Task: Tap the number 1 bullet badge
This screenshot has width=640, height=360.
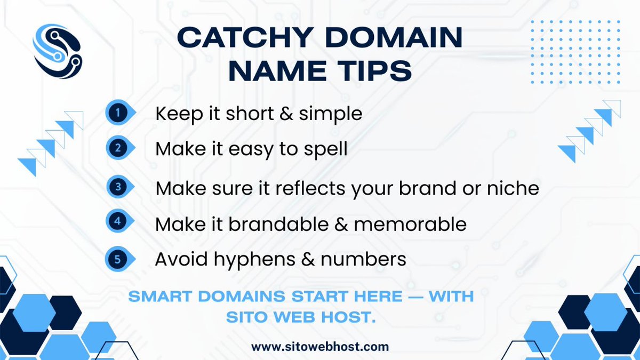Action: [117, 113]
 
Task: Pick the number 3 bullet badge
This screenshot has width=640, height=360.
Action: [117, 187]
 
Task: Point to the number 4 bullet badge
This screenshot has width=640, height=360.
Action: [117, 222]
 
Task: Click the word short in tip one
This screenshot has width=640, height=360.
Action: [248, 114]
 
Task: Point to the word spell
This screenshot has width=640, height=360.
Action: [324, 149]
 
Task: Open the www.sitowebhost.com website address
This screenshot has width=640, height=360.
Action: [320, 347]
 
